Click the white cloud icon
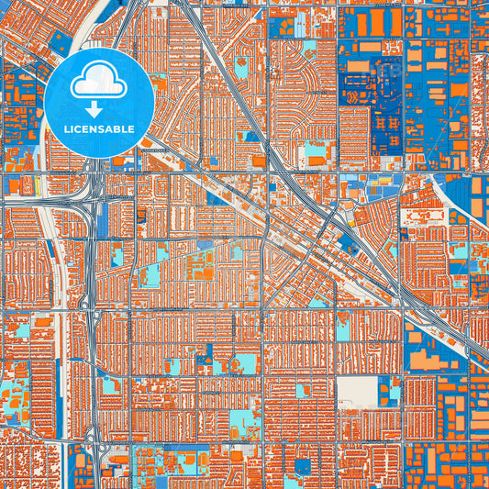point(99,82)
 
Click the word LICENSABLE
point(98,129)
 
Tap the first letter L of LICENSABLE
point(68,129)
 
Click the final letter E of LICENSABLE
point(131,129)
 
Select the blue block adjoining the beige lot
point(392,392)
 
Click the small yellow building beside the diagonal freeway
point(350,221)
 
